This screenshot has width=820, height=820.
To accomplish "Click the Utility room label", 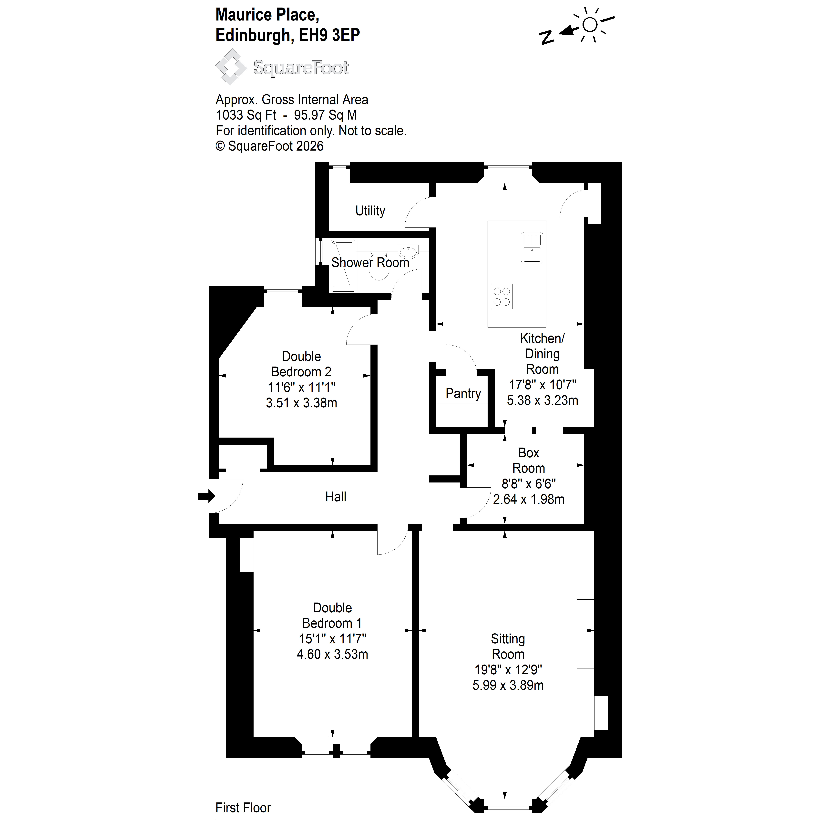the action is coord(370,211).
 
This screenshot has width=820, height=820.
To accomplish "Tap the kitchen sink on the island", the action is coord(532,247).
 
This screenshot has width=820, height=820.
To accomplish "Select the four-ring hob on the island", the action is coord(502,296).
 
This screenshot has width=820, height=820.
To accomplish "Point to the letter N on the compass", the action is coord(547,38).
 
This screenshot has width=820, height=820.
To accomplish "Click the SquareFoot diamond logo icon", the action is coord(231,67).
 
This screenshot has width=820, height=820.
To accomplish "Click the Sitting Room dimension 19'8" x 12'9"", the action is coord(508,670).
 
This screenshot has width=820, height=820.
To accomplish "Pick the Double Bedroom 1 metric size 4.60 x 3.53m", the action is coord(332,654).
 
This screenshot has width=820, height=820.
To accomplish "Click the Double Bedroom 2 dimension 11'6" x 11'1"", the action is coord(301,387).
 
